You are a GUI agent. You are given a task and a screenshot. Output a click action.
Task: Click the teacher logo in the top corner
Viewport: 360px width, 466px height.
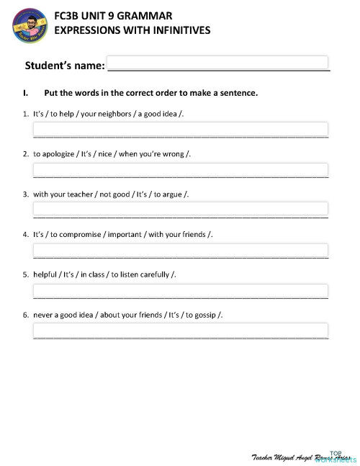point(29,27)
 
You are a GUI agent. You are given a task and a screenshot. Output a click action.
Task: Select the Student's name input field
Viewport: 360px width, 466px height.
point(217,63)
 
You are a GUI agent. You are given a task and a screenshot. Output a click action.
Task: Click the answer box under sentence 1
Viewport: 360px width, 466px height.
point(181,129)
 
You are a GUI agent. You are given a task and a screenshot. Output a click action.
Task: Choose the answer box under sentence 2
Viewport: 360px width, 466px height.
point(181,169)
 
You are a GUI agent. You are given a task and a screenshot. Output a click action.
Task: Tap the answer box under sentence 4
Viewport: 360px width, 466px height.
point(181,250)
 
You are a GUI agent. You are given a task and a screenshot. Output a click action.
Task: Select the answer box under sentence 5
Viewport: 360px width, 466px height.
point(181,290)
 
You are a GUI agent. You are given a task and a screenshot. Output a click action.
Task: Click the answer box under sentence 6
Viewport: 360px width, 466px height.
point(181,331)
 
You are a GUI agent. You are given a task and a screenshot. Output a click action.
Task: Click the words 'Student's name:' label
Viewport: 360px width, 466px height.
point(65,66)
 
